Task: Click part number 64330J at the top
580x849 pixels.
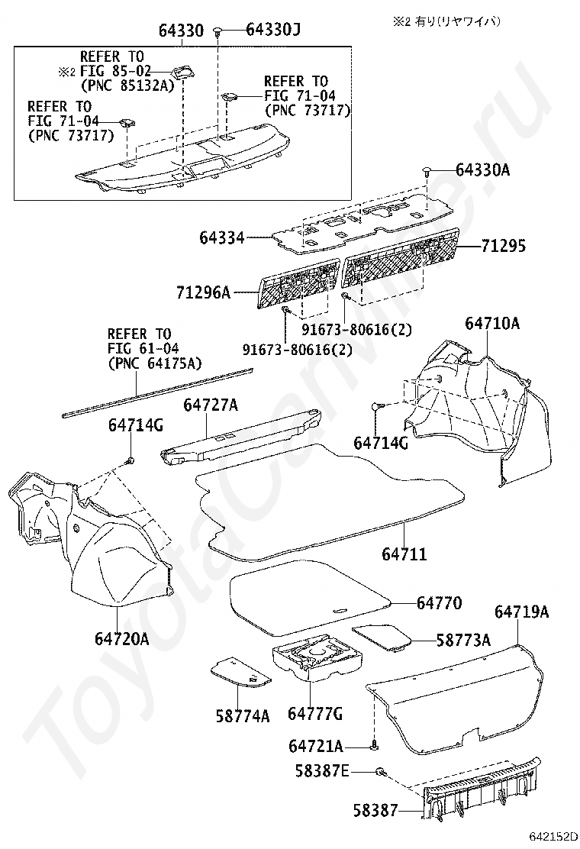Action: point(273,30)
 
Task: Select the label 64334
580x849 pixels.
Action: point(223,238)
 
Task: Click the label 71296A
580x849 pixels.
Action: point(203,292)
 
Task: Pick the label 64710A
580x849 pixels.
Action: point(491,324)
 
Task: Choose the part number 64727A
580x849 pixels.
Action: point(211,404)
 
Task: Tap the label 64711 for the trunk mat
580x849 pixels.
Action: point(404,554)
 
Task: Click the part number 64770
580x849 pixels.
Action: point(439,602)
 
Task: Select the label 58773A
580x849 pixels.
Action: point(463,640)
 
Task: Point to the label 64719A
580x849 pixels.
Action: point(521,612)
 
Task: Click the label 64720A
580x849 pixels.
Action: point(122,638)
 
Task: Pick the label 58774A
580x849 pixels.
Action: point(243,715)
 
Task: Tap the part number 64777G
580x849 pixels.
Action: point(314,714)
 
